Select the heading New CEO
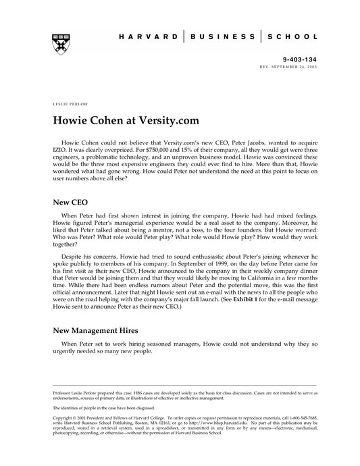click(70, 201)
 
